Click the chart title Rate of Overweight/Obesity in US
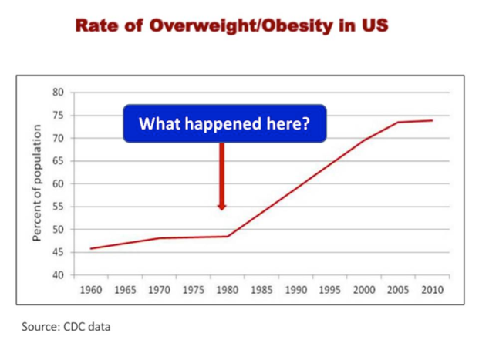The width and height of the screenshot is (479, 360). [x=231, y=25]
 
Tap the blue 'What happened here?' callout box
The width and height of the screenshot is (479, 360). [x=224, y=123]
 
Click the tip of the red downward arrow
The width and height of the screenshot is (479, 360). [x=222, y=208]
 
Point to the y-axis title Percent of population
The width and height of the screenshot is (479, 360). [x=36, y=184]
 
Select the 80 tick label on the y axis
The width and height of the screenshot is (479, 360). [x=58, y=93]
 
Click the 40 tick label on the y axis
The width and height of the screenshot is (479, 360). [x=58, y=275]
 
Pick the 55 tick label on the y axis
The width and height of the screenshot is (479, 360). [x=58, y=207]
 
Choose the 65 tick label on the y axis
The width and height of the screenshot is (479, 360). [x=58, y=162]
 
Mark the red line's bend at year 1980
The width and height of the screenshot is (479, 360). [x=228, y=236]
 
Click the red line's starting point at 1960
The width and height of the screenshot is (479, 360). [x=91, y=248]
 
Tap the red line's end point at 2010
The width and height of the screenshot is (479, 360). [x=431, y=120]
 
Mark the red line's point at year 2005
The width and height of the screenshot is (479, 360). [x=398, y=122]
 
